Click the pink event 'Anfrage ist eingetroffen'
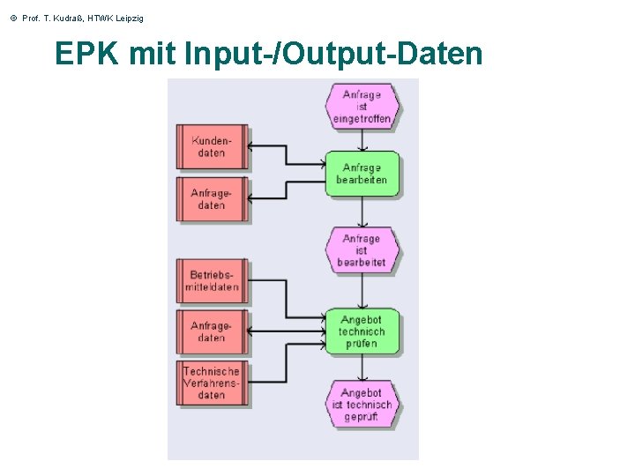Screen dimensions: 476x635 [362, 107]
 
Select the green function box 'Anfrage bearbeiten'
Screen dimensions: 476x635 [362, 174]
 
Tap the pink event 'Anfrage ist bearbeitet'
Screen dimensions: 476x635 [362, 250]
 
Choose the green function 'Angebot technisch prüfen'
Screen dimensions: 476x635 [362, 331]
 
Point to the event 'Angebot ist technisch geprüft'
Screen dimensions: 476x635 [362, 405]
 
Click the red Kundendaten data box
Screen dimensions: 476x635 [212, 147]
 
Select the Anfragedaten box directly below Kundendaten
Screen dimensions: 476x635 [212, 199]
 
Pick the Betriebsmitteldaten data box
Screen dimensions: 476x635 [212, 281]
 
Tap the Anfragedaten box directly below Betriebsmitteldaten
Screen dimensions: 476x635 [212, 331]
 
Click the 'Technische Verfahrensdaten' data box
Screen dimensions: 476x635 [212, 383]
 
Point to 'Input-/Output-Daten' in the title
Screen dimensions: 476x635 [334, 55]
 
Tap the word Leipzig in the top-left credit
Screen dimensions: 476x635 [127, 19]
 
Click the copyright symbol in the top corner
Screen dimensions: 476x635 [12, 19]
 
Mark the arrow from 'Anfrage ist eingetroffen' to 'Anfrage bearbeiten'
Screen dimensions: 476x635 [362, 140]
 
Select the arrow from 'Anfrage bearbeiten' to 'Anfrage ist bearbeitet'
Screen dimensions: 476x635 [362, 212]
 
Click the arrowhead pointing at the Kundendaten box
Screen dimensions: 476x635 [250, 147]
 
